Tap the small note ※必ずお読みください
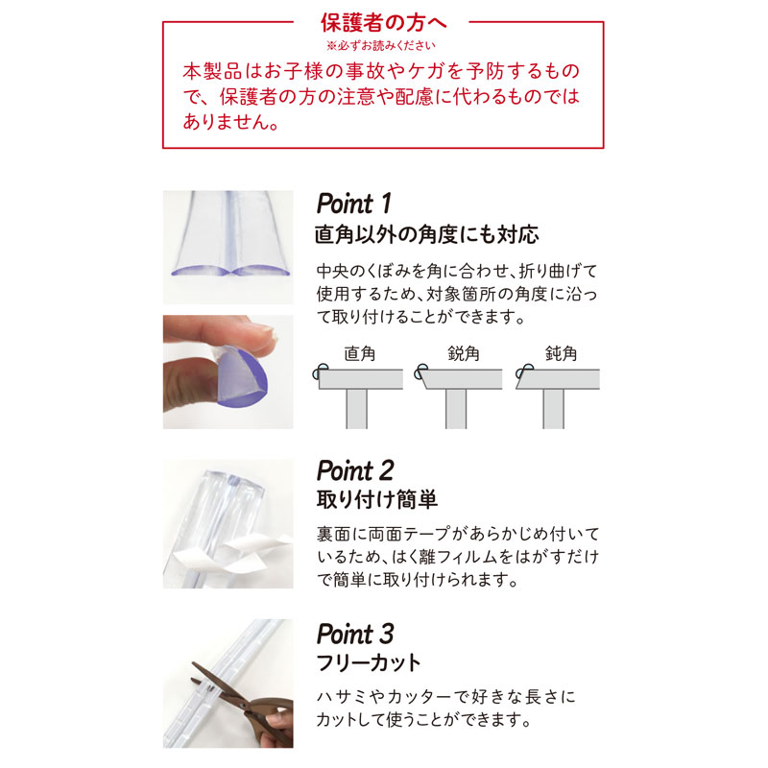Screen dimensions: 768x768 click(x=381, y=45)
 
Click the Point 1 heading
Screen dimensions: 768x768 click(x=353, y=204)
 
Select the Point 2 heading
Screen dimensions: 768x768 click(x=355, y=470)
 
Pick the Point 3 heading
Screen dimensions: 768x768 click(x=355, y=634)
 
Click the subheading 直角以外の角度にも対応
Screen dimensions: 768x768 click(x=426, y=234)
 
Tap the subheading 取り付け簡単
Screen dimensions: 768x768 click(x=376, y=499)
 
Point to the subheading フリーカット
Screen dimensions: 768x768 click(x=369, y=662)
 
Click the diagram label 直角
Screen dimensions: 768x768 click(x=359, y=353)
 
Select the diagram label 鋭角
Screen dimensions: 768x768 click(x=464, y=353)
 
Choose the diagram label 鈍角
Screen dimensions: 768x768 click(x=561, y=353)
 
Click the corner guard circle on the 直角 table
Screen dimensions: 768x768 click(x=321, y=372)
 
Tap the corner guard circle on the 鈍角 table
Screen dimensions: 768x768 click(x=524, y=372)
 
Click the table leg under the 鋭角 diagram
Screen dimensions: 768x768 click(x=456, y=409)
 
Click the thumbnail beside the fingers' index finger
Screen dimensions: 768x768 click(x=268, y=332)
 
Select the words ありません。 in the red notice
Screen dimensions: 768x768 click(x=230, y=122)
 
